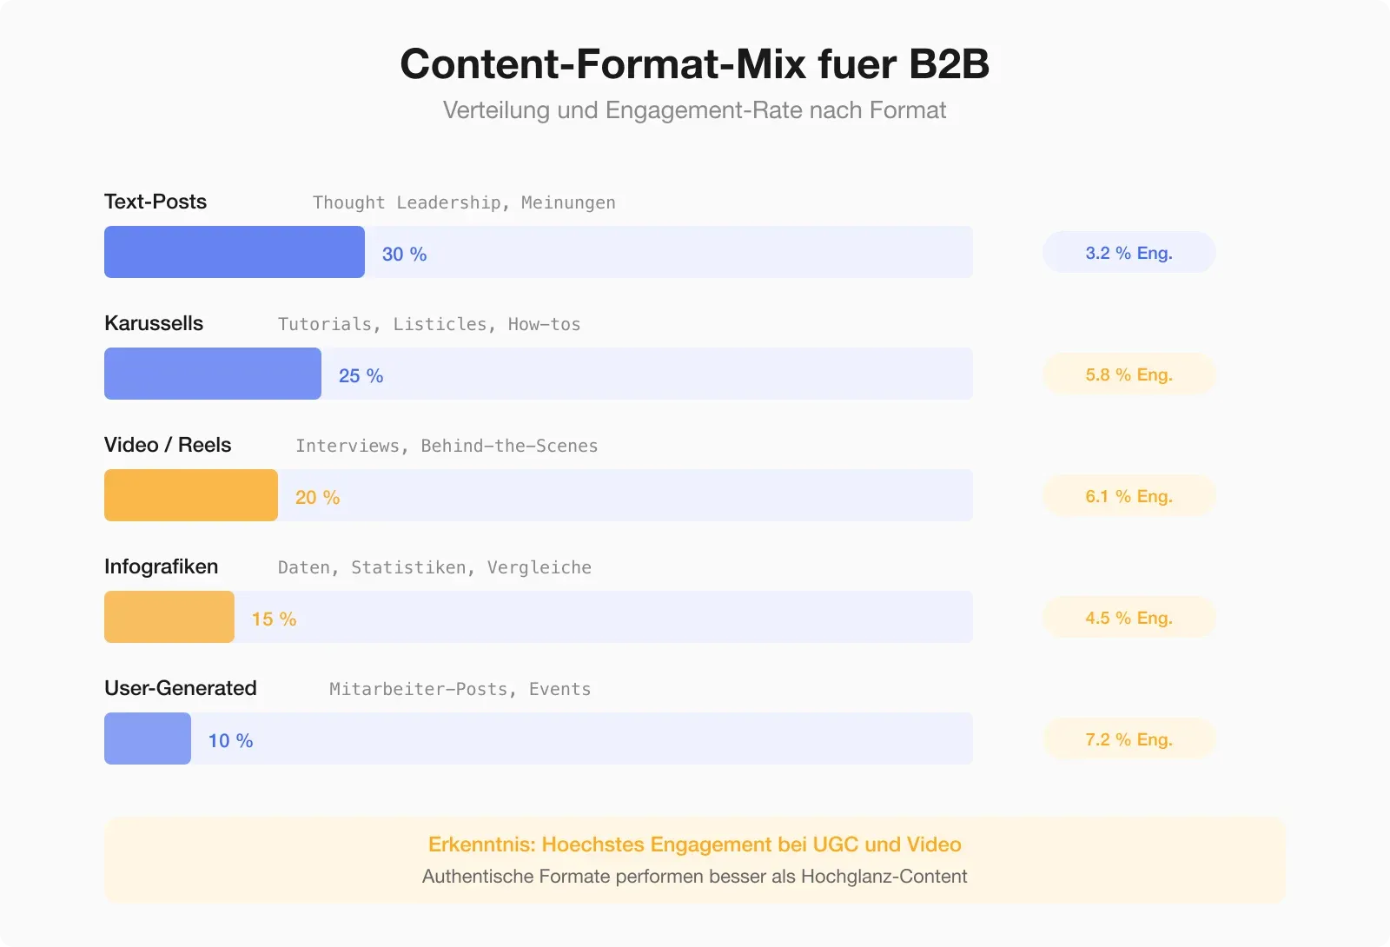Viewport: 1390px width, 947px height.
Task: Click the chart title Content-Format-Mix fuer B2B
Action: point(694,64)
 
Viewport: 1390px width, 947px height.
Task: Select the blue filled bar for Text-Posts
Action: point(235,252)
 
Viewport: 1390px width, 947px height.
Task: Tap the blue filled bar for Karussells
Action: point(213,374)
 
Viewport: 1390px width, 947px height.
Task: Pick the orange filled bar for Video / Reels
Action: point(191,495)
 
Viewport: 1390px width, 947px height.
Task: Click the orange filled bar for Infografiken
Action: point(169,617)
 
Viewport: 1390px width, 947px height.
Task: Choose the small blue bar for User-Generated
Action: point(148,738)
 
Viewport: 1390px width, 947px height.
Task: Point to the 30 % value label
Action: point(404,254)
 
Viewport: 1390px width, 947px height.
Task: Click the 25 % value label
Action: point(361,375)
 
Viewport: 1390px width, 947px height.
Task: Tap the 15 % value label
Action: point(274,619)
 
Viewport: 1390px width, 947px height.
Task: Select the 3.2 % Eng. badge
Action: point(1129,253)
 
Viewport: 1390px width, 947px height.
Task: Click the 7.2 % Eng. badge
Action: point(1129,739)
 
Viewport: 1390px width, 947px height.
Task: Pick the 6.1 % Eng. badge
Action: point(1129,496)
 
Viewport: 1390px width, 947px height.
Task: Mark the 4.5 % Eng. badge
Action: point(1129,618)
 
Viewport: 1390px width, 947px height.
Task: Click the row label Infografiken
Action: point(162,566)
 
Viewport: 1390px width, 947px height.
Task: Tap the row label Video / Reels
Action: point(168,445)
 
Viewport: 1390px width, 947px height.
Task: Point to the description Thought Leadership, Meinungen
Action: point(464,202)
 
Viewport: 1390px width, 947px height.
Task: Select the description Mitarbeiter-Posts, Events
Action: point(460,689)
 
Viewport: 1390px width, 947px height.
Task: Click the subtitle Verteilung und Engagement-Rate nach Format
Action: point(694,110)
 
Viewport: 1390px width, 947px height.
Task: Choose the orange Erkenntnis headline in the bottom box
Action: point(694,844)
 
